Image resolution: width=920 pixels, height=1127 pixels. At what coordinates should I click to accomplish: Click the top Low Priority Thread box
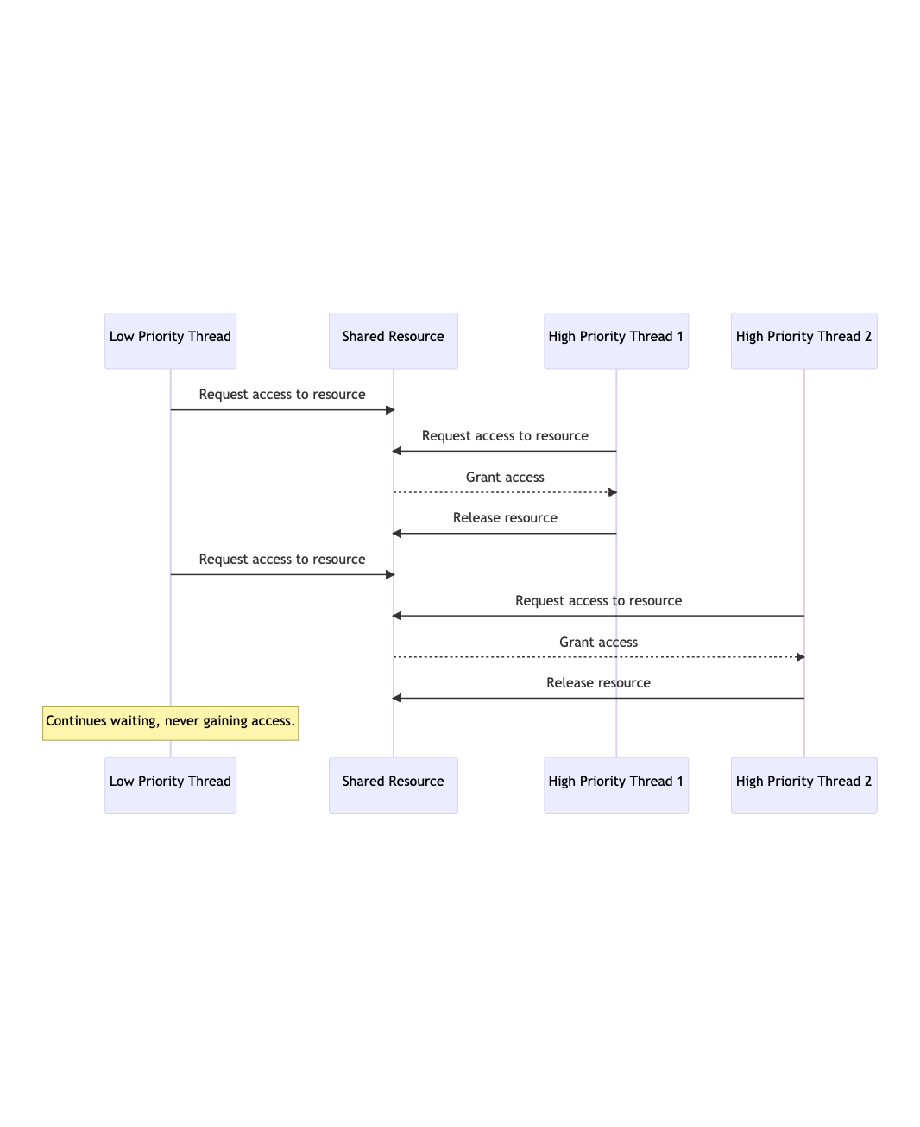coord(170,341)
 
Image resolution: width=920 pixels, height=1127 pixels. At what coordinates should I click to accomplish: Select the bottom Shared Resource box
coord(394,786)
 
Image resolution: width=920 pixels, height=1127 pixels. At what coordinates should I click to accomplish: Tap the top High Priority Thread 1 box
coord(616,341)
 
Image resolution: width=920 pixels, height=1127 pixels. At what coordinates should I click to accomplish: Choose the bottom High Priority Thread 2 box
coord(804,786)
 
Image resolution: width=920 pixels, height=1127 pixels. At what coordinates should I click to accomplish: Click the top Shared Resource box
coord(394,341)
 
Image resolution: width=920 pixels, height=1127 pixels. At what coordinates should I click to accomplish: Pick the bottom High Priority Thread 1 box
coord(616,786)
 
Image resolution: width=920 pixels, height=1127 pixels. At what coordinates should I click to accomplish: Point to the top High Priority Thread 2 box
coord(804,341)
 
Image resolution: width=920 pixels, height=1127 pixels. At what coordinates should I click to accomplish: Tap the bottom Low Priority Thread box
coord(170,786)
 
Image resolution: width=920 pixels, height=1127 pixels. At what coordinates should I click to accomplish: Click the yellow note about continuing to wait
coord(170,724)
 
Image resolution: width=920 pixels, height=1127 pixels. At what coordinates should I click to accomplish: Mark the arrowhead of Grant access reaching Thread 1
coord(613,492)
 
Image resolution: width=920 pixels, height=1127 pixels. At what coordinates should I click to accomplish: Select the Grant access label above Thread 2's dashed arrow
coord(599,642)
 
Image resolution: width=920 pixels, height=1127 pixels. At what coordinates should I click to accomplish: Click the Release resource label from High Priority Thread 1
coord(505,518)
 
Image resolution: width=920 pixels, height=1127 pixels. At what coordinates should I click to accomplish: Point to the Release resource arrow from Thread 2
coord(598,698)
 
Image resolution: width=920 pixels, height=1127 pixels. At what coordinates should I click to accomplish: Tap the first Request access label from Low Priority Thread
coord(282,395)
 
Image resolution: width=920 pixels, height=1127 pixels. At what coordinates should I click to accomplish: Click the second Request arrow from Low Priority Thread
coord(282,574)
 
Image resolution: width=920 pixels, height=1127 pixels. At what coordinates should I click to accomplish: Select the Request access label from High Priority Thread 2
coord(599,601)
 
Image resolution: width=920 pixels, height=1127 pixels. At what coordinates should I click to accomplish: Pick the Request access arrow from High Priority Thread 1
coord(505,451)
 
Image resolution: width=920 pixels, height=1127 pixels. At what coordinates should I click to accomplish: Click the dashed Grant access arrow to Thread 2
coord(599,656)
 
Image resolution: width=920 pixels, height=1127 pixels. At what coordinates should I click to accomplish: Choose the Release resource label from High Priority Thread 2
coord(599,682)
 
